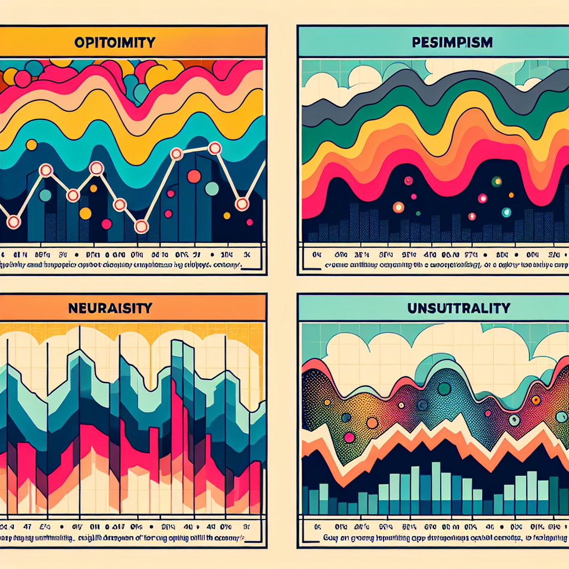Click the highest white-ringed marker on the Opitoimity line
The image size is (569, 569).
(x=214, y=148)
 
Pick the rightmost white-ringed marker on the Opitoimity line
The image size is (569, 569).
(x=242, y=204)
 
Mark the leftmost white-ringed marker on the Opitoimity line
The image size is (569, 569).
(x=13, y=222)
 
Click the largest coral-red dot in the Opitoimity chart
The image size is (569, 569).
(x=194, y=176)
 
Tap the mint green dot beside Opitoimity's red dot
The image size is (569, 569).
(x=212, y=188)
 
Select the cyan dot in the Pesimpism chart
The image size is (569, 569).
(x=506, y=212)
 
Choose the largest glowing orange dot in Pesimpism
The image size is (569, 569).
(x=398, y=207)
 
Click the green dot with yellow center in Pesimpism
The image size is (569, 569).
(x=497, y=181)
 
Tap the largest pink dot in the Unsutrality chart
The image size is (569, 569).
(x=350, y=437)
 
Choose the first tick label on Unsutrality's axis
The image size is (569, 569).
(x=318, y=526)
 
